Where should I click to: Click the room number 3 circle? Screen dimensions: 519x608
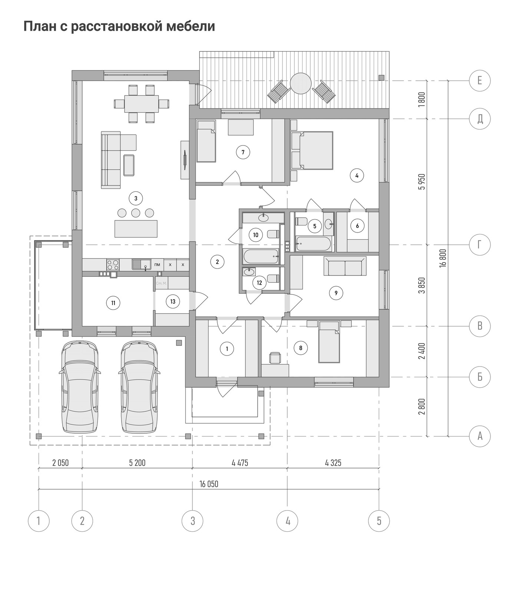pyautogui.click(x=136, y=198)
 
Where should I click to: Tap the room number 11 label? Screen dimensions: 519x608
pyautogui.click(x=113, y=303)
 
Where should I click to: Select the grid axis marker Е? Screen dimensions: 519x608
pyautogui.click(x=480, y=80)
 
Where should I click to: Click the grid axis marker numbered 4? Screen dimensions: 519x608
pyautogui.click(x=288, y=521)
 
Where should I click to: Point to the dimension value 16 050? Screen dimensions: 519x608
pyautogui.click(x=209, y=484)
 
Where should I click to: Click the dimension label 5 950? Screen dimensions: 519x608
pyautogui.click(x=422, y=181)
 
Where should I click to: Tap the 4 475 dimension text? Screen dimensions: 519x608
pyautogui.click(x=240, y=462)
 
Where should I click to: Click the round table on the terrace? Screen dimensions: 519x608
pyautogui.click(x=300, y=84)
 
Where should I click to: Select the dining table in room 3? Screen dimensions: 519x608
pyautogui.click(x=141, y=104)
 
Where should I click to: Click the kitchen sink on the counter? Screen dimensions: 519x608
pyautogui.click(x=141, y=264)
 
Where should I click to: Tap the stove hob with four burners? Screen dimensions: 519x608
pyautogui.click(x=113, y=264)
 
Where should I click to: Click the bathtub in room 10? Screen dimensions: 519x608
pyautogui.click(x=261, y=256)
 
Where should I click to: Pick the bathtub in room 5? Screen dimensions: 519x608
pyautogui.click(x=313, y=244)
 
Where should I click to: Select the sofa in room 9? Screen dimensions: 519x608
pyautogui.click(x=345, y=266)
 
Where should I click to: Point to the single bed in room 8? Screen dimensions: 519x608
pyautogui.click(x=329, y=342)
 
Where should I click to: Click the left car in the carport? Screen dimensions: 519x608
pyautogui.click(x=80, y=387)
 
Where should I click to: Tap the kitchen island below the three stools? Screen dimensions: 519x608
pyautogui.click(x=136, y=228)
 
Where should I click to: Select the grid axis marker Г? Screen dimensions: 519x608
pyautogui.click(x=480, y=245)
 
